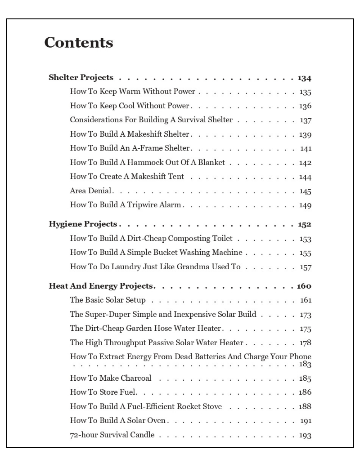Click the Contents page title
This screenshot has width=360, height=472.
coord(79,43)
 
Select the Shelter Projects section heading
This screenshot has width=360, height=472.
coord(81,78)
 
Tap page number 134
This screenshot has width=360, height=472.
coord(304,78)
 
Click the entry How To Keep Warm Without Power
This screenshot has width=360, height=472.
coord(132,92)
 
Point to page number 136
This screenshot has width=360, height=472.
coord(305,107)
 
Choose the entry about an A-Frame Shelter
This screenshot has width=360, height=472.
coord(130,148)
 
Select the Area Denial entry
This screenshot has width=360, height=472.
coord(90,191)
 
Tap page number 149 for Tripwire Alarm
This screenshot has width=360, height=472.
coord(305,205)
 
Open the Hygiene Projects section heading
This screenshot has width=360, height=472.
coord(83,224)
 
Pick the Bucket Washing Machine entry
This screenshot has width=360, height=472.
coord(156,253)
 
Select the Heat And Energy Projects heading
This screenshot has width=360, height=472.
coord(101,286)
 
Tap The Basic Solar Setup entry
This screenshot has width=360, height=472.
coord(108,300)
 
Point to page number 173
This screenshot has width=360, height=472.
coord(305,315)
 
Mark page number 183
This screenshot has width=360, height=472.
coord(305,364)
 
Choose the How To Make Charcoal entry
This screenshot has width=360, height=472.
coord(111,378)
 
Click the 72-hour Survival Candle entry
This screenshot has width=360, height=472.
coord(112,435)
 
